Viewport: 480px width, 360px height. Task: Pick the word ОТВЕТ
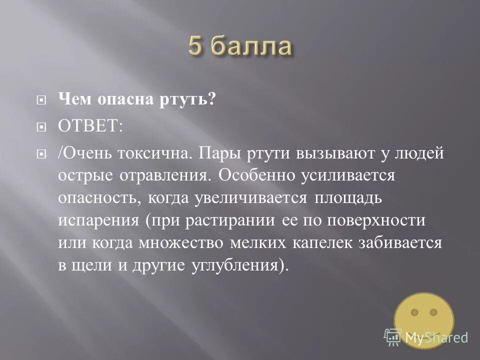click(x=90, y=125)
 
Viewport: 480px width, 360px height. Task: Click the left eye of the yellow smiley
click(x=414, y=312)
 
